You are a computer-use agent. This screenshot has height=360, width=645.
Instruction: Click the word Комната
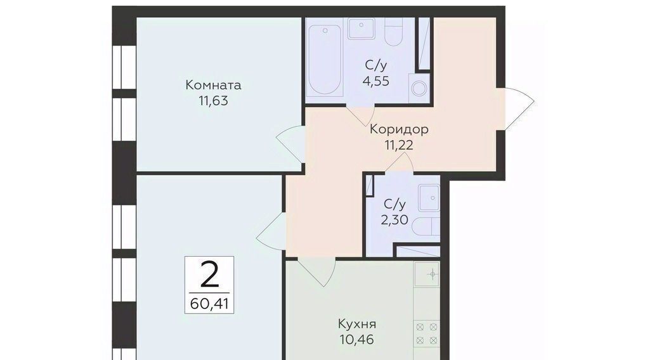(x=213, y=85)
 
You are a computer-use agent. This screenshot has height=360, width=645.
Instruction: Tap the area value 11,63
(x=213, y=101)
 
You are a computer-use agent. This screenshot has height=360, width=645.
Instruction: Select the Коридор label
(x=399, y=129)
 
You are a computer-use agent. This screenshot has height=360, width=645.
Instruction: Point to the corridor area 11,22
(x=398, y=145)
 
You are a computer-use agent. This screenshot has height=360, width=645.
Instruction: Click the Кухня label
(x=356, y=325)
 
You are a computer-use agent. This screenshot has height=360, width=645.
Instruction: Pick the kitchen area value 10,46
(x=356, y=340)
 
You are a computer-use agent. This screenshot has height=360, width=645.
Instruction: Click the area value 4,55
(x=375, y=81)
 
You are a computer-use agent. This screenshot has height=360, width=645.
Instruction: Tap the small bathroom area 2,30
(x=394, y=220)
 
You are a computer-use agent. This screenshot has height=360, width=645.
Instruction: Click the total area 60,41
(x=209, y=304)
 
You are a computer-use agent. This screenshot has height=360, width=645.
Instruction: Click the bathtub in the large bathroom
(x=325, y=60)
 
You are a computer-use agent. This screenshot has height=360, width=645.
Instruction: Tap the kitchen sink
(x=427, y=274)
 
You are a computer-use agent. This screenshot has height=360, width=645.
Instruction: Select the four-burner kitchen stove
(x=427, y=333)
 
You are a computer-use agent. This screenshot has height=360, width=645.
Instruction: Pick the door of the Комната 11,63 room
(x=290, y=143)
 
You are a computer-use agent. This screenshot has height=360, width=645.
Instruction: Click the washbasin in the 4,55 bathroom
(x=361, y=28)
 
